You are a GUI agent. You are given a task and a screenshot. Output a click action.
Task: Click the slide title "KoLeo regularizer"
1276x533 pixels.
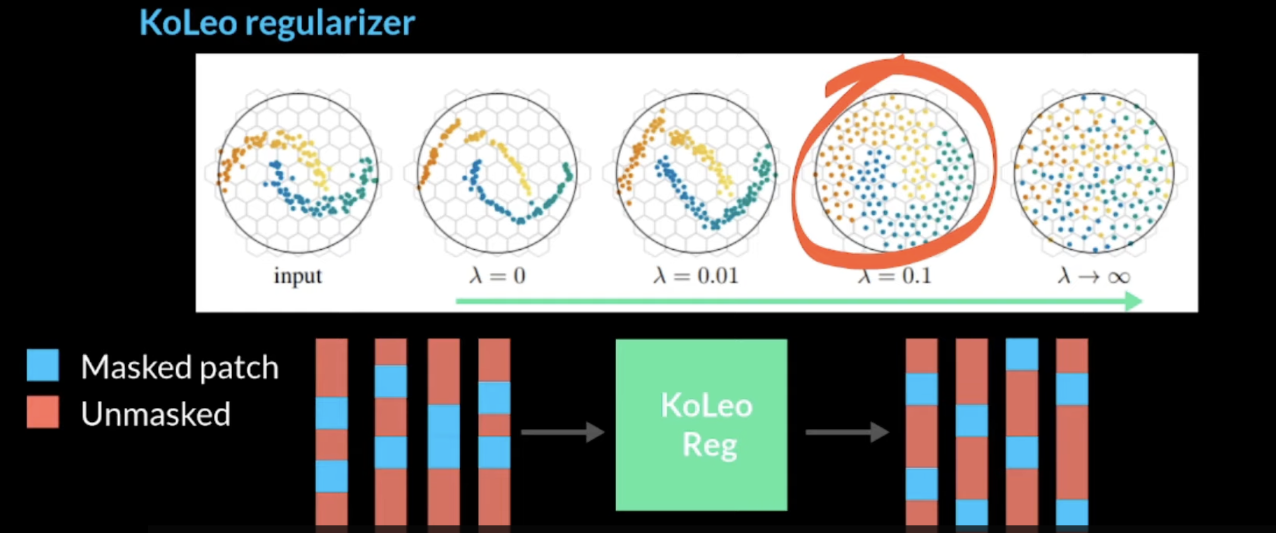tap(277, 23)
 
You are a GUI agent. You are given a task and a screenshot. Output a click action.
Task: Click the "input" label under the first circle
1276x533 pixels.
tap(298, 276)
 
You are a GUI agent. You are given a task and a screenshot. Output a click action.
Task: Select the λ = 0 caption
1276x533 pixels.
tap(498, 276)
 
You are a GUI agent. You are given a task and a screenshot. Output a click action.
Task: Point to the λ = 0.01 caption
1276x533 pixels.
tap(696, 276)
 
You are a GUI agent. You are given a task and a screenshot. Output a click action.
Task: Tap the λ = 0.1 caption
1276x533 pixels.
tap(895, 277)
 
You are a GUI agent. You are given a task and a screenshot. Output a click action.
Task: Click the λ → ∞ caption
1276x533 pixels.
tap(1094, 277)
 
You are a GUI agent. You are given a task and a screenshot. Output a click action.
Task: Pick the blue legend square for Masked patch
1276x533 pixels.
tap(43, 365)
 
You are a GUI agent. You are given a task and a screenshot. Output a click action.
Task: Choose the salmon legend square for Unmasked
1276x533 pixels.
tap(43, 412)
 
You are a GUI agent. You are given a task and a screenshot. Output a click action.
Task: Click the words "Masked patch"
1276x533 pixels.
tap(180, 367)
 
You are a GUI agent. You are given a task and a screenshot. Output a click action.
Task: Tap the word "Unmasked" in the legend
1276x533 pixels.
tap(156, 414)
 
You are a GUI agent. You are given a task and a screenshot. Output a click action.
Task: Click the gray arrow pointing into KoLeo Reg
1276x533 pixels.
tap(562, 432)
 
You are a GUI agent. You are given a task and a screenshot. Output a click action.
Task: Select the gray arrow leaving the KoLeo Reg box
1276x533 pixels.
tap(847, 432)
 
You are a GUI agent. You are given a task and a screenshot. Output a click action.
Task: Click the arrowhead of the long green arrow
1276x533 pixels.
tap(1133, 301)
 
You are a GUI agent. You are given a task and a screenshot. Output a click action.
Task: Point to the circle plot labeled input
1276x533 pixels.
tap(298, 173)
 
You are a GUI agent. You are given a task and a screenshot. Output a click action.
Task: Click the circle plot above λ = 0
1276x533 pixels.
tap(497, 173)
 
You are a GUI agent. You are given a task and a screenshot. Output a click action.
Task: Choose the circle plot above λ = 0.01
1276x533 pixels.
tap(696, 173)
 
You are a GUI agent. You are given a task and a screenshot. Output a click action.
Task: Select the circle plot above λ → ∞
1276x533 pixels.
tap(1094, 173)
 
